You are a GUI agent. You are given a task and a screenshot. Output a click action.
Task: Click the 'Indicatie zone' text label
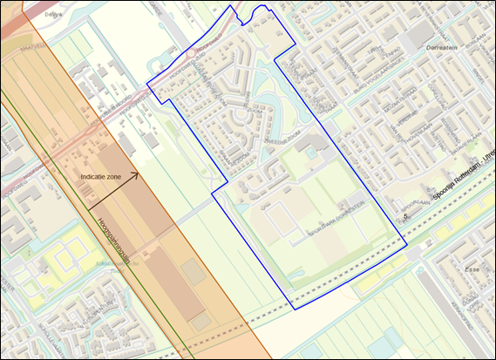coord(100,177)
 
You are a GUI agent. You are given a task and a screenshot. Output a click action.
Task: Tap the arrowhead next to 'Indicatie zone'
coord(134,176)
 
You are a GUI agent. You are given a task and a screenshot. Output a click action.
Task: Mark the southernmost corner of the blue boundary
coord(294,309)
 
